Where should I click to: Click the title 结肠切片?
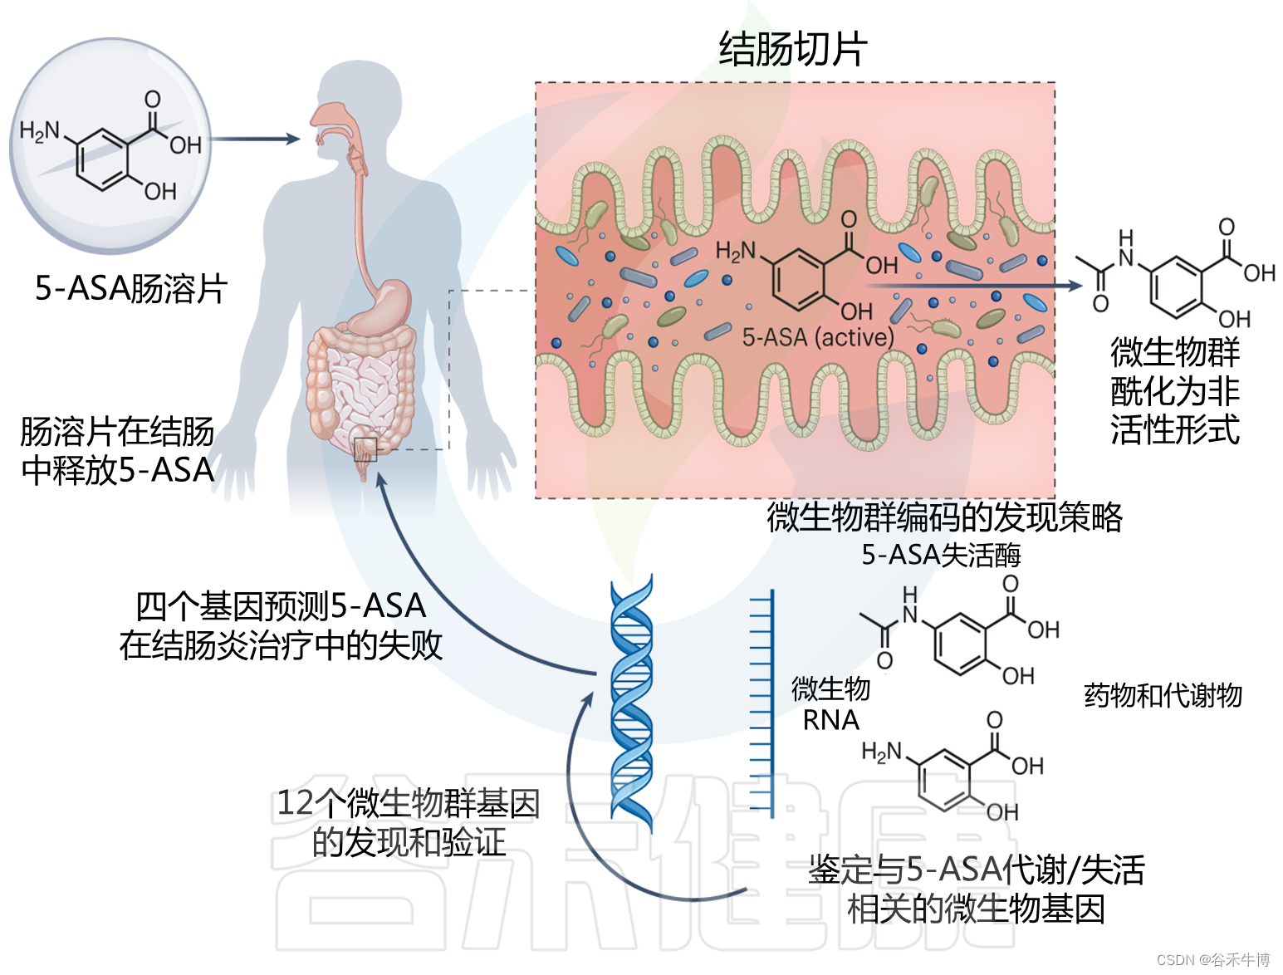[792, 49]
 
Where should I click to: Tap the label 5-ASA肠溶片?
[130, 289]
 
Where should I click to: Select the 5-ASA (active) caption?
[818, 337]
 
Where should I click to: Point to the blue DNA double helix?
[631, 702]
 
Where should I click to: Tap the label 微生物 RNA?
[830, 703]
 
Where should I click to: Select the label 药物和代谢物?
[1163, 694]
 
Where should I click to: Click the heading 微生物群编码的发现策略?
[944, 517]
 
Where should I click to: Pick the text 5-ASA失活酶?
[941, 554]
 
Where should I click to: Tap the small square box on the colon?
[365, 449]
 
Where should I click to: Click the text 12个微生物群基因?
[408, 803]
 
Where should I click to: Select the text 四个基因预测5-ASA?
[281, 606]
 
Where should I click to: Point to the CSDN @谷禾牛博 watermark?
[1212, 959]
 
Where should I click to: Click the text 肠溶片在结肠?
[117, 432]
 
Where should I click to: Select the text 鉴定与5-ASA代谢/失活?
[977, 870]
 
